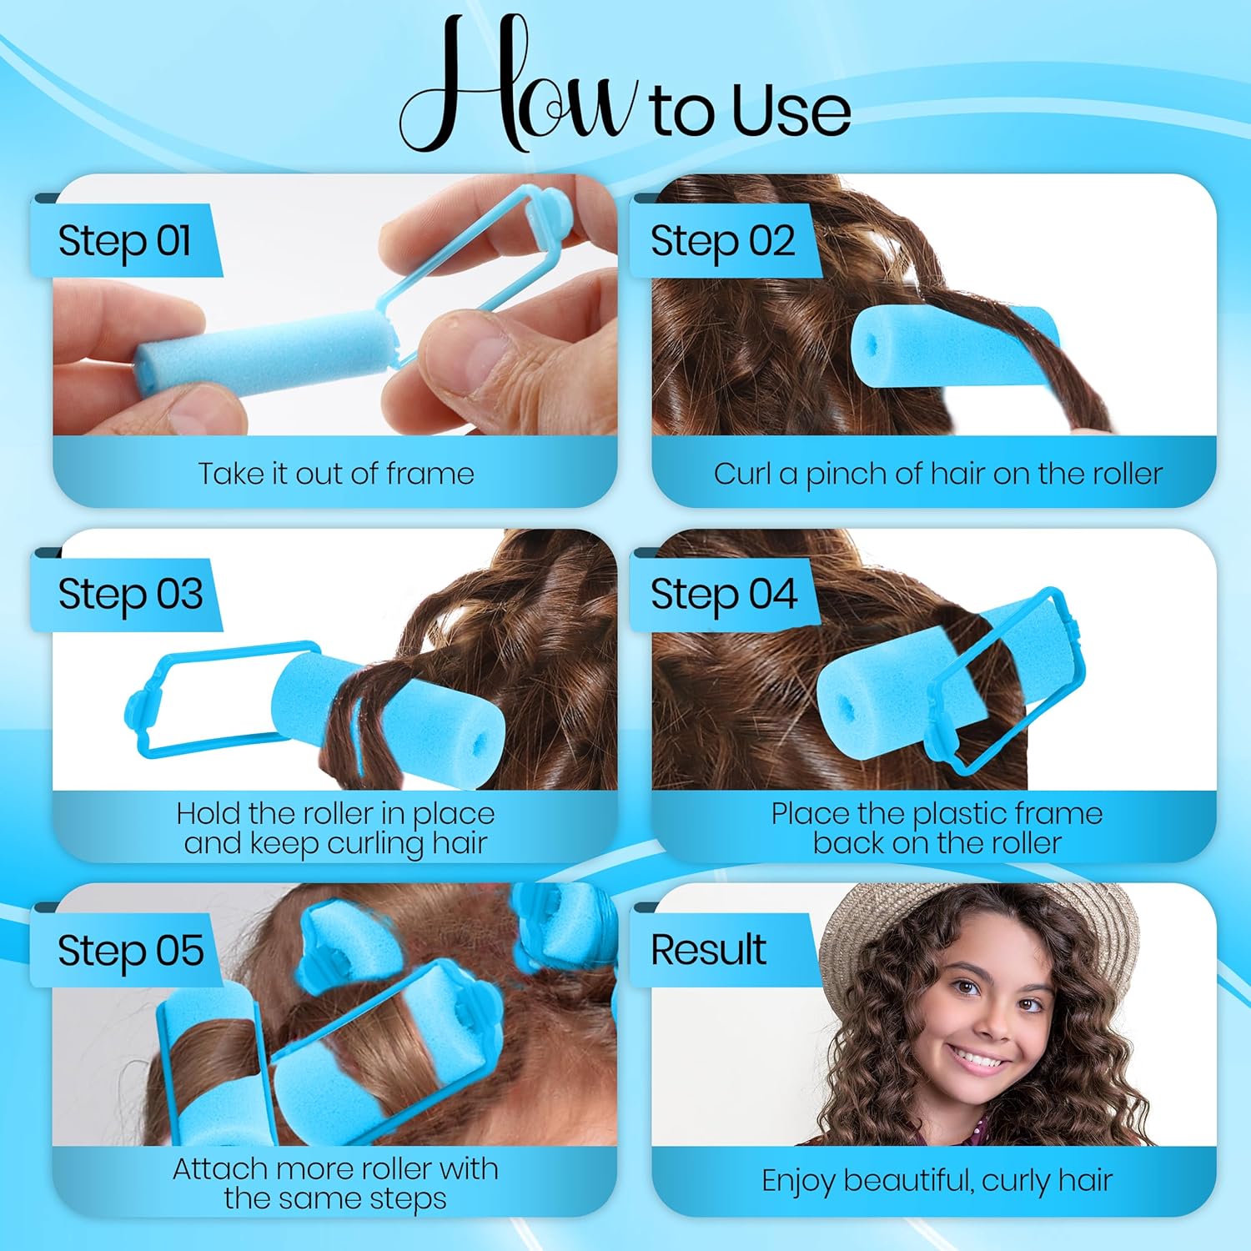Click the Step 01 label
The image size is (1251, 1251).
pyautogui.click(x=125, y=241)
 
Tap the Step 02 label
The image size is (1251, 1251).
pyautogui.click(x=722, y=241)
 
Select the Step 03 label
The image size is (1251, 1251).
pyautogui.click(x=130, y=595)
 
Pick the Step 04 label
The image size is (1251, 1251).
pyautogui.click(x=723, y=595)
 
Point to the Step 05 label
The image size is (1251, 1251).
pyautogui.click(x=130, y=950)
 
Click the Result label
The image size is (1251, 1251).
pyautogui.click(x=708, y=949)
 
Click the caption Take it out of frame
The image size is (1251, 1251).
pyautogui.click(x=336, y=474)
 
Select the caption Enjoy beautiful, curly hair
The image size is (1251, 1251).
pyautogui.click(x=937, y=1181)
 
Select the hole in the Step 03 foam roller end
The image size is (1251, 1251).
pyautogui.click(x=481, y=741)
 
